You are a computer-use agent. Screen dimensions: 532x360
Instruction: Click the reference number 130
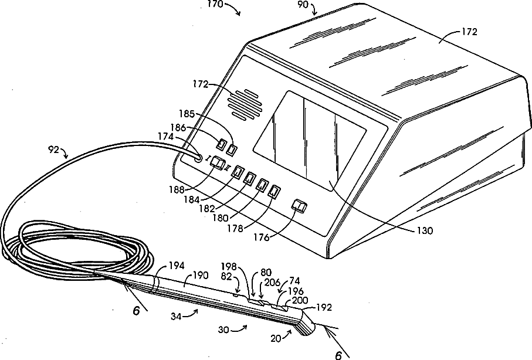424,231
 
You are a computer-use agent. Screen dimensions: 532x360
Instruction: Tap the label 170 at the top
215,4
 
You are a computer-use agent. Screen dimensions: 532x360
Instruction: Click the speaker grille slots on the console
245,105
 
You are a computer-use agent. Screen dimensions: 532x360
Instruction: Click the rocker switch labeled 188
217,163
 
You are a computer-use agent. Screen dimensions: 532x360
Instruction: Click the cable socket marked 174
198,158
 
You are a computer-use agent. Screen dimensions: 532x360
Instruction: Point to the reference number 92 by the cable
53,150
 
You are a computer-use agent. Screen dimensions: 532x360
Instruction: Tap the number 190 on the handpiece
200,275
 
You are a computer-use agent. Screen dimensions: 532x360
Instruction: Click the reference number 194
177,266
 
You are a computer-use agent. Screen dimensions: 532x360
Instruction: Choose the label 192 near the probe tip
324,307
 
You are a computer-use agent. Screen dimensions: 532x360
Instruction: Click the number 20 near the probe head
276,339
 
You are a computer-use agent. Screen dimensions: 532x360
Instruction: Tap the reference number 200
300,300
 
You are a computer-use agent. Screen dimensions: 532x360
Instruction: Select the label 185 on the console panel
187,114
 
